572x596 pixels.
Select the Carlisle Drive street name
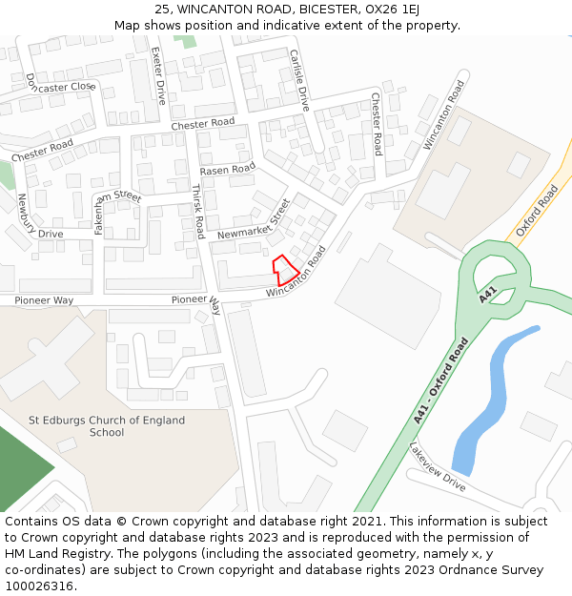pos(299,80)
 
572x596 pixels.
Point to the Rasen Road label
pos(228,170)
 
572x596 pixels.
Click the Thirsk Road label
pos(198,212)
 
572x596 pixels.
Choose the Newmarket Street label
pos(253,221)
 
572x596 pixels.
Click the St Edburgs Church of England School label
pos(107,426)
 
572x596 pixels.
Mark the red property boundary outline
pos(284,268)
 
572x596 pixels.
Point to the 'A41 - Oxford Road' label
pos(441,381)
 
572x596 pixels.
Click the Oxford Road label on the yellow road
pos(536,211)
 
